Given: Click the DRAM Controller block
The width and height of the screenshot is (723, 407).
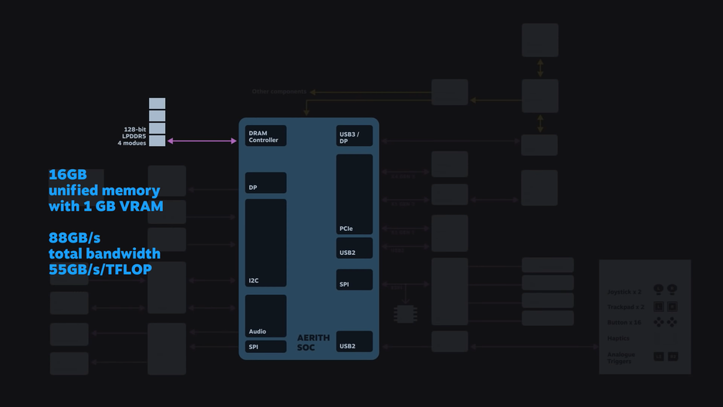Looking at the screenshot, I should pyautogui.click(x=265, y=136).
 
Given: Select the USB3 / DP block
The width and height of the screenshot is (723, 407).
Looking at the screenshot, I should pyautogui.click(x=354, y=136).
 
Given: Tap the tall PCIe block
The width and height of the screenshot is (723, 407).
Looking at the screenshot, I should pyautogui.click(x=354, y=194).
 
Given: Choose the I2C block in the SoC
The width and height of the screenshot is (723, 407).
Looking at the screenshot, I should pyautogui.click(x=265, y=243).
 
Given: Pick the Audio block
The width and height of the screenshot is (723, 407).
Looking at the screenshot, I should pyautogui.click(x=265, y=316).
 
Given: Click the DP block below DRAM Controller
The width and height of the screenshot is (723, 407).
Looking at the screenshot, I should pyautogui.click(x=265, y=183).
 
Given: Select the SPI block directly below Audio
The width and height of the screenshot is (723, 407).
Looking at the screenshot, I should pyautogui.click(x=265, y=347).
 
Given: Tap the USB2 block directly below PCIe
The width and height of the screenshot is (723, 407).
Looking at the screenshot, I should pyautogui.click(x=354, y=248).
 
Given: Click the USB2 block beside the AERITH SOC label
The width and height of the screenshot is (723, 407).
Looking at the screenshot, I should pyautogui.click(x=354, y=341).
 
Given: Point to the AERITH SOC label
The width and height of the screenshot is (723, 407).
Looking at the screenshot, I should pyautogui.click(x=313, y=343).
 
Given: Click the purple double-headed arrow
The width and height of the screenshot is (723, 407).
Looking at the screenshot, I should pyautogui.click(x=202, y=141).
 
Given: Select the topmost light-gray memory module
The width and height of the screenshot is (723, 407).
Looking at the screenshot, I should pyautogui.click(x=157, y=103).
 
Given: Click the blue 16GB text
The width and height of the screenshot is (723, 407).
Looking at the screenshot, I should pyautogui.click(x=68, y=175).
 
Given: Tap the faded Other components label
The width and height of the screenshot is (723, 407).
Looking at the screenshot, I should pyautogui.click(x=279, y=92).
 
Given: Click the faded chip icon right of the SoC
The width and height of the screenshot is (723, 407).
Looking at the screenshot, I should pyautogui.click(x=405, y=314).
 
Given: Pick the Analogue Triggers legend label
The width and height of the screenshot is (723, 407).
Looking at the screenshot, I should pyautogui.click(x=621, y=358).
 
